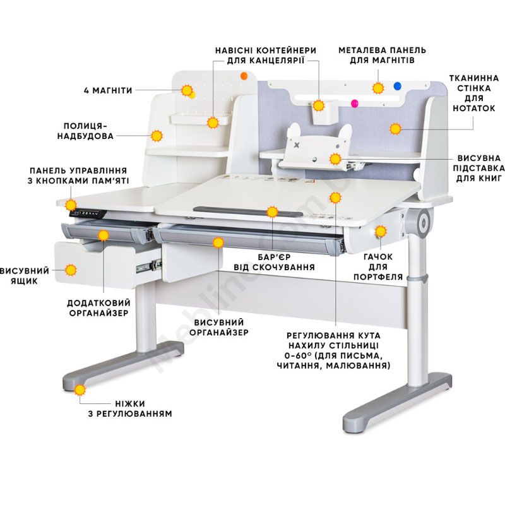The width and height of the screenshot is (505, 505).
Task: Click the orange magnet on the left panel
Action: point(244,76)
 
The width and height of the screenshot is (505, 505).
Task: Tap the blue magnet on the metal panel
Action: point(398,86)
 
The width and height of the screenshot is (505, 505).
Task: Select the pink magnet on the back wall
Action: point(355,104)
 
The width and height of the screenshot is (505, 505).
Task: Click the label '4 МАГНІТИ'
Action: point(108,90)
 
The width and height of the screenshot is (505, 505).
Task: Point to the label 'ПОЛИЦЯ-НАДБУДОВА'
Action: point(86,131)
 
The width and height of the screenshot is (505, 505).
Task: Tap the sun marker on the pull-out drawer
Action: point(71,270)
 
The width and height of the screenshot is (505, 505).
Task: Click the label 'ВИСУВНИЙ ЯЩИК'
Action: point(25,276)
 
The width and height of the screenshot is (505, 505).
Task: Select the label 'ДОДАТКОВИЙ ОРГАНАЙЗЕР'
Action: point(99,308)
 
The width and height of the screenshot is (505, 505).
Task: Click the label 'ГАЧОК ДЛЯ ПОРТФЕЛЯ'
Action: point(378,267)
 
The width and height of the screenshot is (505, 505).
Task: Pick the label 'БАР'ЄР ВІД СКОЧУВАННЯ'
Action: point(274,263)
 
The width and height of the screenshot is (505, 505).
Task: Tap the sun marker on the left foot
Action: point(80,390)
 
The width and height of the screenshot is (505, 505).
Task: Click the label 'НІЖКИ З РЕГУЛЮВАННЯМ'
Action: point(130,408)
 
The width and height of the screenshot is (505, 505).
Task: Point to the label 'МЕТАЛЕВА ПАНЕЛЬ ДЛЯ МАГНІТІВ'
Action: point(383,56)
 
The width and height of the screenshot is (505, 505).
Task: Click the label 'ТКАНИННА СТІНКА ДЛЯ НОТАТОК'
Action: point(474,93)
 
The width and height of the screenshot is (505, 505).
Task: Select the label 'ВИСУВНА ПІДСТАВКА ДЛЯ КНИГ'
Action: point(479,169)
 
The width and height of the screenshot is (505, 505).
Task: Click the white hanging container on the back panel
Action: point(325,112)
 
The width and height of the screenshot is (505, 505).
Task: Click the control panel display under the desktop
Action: point(88,213)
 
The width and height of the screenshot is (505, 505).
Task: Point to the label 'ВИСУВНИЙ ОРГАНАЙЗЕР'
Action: point(219,327)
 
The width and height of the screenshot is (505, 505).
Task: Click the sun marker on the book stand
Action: point(335,159)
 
